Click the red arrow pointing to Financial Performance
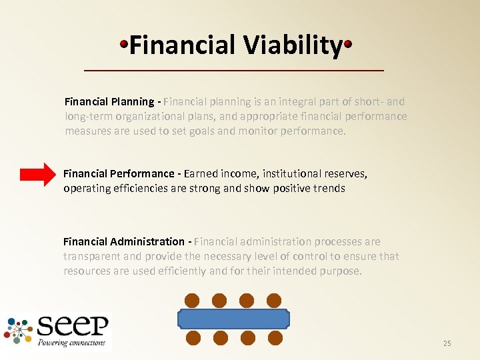39,174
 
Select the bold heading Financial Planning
109,102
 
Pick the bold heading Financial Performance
119,174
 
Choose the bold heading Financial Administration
123,241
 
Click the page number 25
447,343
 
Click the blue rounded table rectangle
233,319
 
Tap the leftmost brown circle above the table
193,300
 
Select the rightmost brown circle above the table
273,300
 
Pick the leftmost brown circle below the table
193,337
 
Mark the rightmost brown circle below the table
273,337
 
